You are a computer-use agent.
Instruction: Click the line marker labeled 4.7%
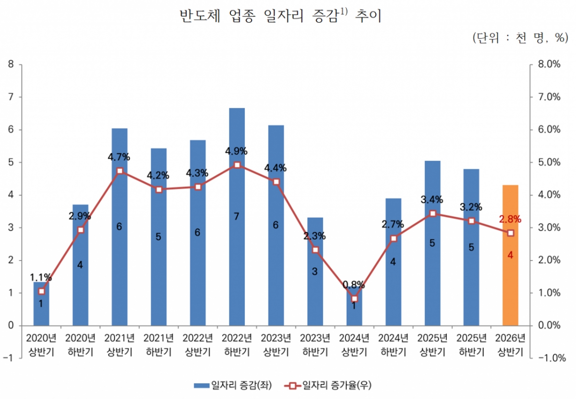click(120, 171)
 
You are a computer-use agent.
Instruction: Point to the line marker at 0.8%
click(354, 299)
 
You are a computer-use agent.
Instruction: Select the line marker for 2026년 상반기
click(510, 233)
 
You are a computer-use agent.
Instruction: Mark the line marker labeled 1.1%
click(42, 291)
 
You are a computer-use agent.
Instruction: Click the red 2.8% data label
click(510, 220)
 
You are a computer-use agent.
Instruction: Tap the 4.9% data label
click(236, 152)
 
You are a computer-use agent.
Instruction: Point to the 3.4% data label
click(432, 199)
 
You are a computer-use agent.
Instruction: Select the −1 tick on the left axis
click(9, 358)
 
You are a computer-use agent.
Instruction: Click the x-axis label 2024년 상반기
click(354, 344)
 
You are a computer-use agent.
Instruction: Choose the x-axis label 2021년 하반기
click(159, 344)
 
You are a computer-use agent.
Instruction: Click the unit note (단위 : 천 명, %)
click(520, 38)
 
